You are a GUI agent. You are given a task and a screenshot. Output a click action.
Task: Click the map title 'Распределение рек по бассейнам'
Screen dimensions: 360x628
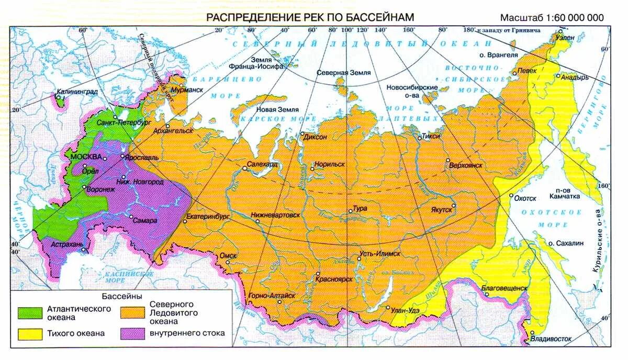coord(310,17)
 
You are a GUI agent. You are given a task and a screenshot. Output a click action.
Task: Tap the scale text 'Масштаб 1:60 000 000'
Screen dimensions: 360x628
coord(552,17)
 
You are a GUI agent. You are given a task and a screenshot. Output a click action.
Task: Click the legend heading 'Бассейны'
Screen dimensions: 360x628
coord(122,296)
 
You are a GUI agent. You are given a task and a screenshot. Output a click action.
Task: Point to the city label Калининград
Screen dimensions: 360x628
coord(77,92)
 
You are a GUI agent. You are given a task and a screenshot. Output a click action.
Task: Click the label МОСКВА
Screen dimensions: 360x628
coord(86,157)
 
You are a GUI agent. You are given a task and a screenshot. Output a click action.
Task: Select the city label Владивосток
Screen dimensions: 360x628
coord(551,339)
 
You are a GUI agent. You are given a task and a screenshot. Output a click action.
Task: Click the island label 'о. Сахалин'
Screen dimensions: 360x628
coord(564,243)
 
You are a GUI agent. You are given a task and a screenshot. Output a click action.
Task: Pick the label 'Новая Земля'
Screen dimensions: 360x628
coord(277,110)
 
